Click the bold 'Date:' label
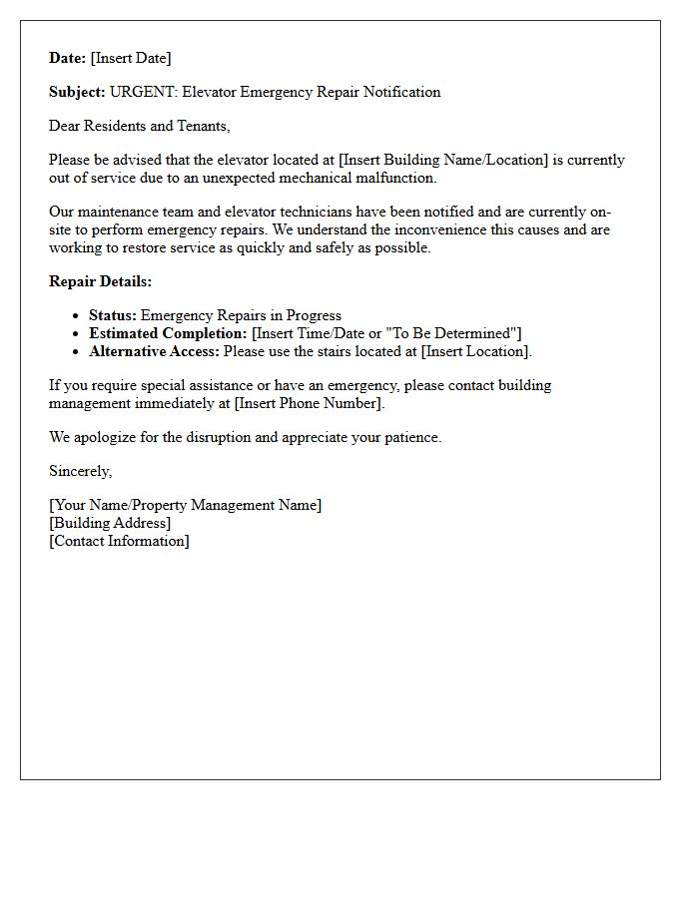tap(67, 58)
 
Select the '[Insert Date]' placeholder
tap(131, 58)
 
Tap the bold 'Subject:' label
tap(77, 92)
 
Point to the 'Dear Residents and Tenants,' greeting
tap(140, 126)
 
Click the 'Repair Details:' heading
tap(100, 281)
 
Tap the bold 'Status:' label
tap(112, 315)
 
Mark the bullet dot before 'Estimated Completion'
tap(76, 333)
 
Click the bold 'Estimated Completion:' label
tap(168, 333)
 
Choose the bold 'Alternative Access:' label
tap(154, 351)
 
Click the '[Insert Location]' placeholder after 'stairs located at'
tap(475, 351)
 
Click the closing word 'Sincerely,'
tap(80, 471)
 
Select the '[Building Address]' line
tap(110, 523)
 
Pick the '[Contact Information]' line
tap(119, 541)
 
